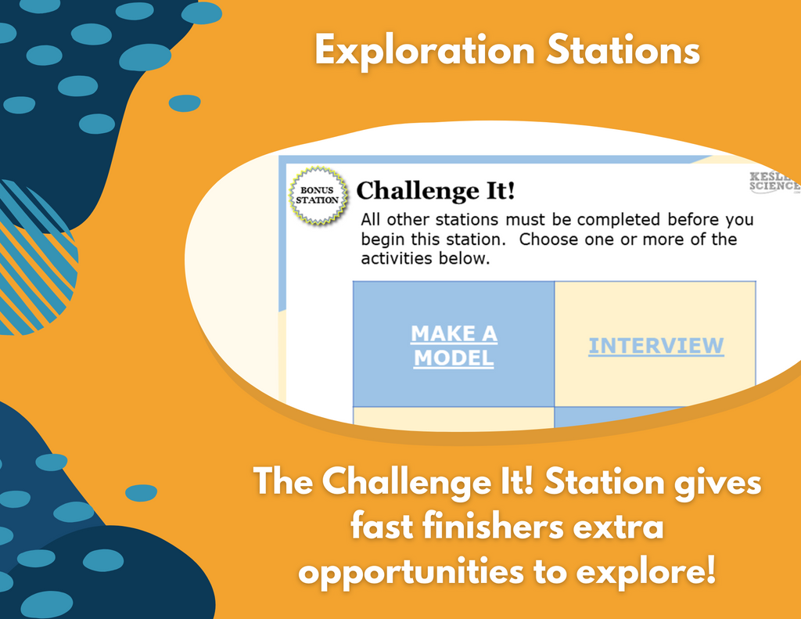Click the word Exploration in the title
425,51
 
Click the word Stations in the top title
623,50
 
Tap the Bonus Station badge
318,196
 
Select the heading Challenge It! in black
435,191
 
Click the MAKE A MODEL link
454,346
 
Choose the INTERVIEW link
656,346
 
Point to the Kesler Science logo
774,182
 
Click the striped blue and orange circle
36,257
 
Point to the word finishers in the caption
494,527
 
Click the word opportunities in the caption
411,572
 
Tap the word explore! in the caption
645,572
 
